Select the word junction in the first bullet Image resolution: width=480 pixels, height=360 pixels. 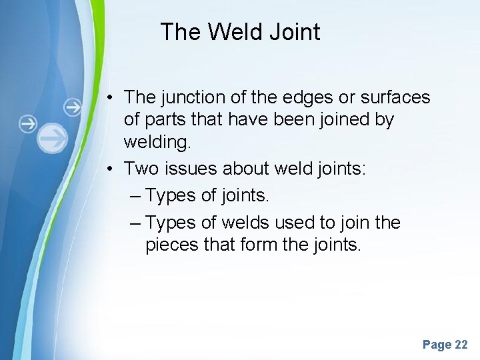pos(191,97)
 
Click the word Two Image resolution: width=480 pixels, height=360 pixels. pos(140,168)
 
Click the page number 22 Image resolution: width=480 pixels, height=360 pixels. pos(461,345)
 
